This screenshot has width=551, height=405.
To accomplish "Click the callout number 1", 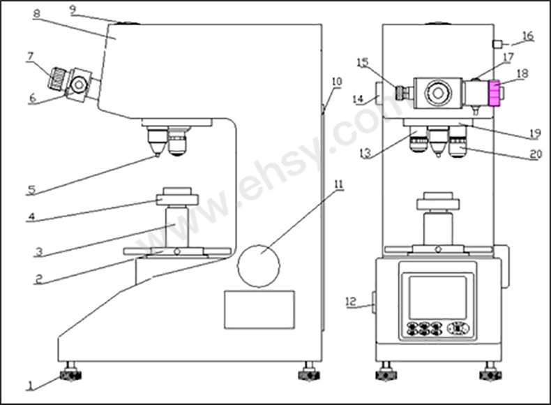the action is coord(31,386).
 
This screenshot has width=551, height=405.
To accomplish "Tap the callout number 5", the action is coord(31,190).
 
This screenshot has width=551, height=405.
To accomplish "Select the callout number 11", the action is coord(338,184).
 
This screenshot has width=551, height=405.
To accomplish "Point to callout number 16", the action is coord(528,36).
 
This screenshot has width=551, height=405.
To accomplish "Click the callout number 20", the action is coord(536,154).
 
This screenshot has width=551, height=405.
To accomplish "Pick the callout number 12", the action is coord(351,302).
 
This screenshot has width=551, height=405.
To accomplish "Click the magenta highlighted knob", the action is coord(495,93).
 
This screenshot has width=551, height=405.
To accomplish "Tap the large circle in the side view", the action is coord(259,265).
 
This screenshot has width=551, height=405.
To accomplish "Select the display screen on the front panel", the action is coord(438,297).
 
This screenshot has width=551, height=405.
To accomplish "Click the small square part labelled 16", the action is coord(497,44).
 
